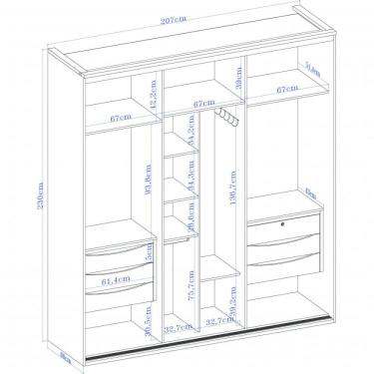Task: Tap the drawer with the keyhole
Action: coord(284,229)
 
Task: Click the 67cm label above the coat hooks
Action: coord(204,102)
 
